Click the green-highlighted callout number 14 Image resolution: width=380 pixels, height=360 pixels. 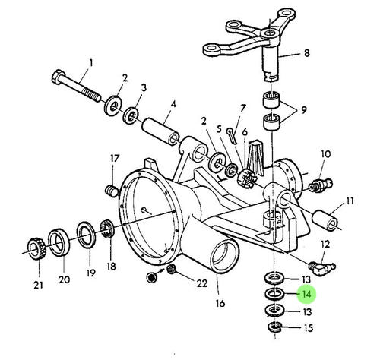[306, 294]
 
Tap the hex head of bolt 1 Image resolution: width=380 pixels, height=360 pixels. [58, 77]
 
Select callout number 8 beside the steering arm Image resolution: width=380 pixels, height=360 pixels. [306, 53]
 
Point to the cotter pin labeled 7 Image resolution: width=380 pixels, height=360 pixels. [232, 136]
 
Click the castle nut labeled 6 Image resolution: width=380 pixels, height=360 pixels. [246, 180]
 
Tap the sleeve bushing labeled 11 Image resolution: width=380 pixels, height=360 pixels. [325, 220]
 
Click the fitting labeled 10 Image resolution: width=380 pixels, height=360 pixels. [320, 185]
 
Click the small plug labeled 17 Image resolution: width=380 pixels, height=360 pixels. [112, 191]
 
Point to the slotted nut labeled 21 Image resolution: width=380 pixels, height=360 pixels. [36, 248]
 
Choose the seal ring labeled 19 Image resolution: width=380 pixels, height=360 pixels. [87, 235]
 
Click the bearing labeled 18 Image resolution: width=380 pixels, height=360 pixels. [108, 229]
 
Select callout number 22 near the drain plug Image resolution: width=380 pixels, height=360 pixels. [202, 283]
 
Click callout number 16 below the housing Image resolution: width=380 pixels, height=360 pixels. [220, 303]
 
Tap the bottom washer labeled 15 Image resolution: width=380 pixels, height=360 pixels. [274, 327]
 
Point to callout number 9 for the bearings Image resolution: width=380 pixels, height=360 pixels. [304, 110]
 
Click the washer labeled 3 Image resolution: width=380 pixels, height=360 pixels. [131, 115]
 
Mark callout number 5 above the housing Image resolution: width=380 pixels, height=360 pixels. [219, 129]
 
